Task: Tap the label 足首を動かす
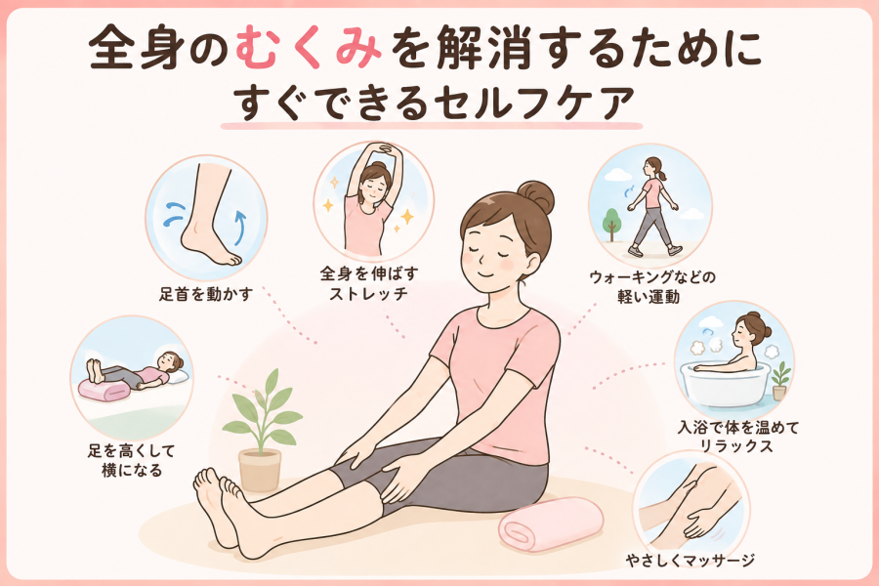point(206,294)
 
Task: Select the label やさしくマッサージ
point(691,560)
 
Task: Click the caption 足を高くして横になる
point(132,460)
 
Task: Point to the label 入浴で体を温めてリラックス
point(737,437)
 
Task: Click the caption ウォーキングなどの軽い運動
point(652,286)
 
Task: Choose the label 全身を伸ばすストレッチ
point(369,283)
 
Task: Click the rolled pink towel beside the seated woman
point(551,523)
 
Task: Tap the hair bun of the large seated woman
point(535,197)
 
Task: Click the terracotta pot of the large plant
point(260,470)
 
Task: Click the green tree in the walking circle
point(611,221)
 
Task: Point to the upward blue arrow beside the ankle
point(240,228)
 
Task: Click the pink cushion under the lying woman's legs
point(104,390)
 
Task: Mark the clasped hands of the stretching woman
point(385,149)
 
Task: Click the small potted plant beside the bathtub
point(779,381)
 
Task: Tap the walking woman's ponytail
point(663,174)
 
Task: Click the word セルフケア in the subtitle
point(535,104)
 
